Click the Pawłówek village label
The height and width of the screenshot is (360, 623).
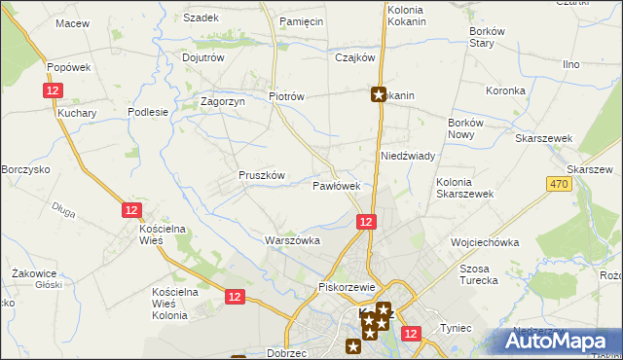click(x=337, y=185)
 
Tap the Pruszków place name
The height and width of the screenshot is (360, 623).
click(x=261, y=175)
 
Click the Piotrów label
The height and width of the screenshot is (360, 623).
click(x=287, y=96)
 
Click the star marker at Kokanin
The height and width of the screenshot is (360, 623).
click(x=379, y=95)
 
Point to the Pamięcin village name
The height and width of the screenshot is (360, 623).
click(x=301, y=20)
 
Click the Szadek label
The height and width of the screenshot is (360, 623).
click(x=201, y=18)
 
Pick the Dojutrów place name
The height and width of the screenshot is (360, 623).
click(x=203, y=57)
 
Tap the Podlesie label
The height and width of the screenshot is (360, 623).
click(x=149, y=112)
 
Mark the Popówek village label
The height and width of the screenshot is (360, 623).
click(x=68, y=67)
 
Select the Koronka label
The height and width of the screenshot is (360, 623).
click(x=506, y=90)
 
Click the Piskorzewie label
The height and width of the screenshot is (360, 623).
click(x=347, y=287)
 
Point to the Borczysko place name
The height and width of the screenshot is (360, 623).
click(x=25, y=169)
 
